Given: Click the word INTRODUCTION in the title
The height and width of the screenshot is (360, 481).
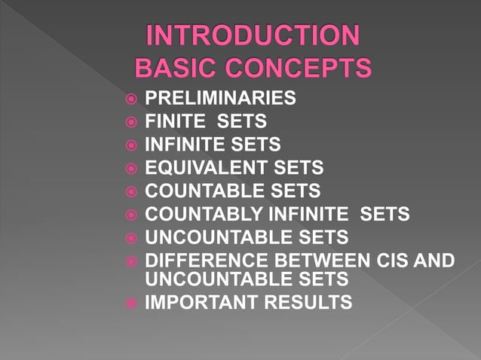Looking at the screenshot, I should [253, 37].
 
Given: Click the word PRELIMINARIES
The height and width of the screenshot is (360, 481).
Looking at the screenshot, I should [220, 98].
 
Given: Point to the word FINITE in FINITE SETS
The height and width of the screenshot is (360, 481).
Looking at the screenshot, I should [174, 121].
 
